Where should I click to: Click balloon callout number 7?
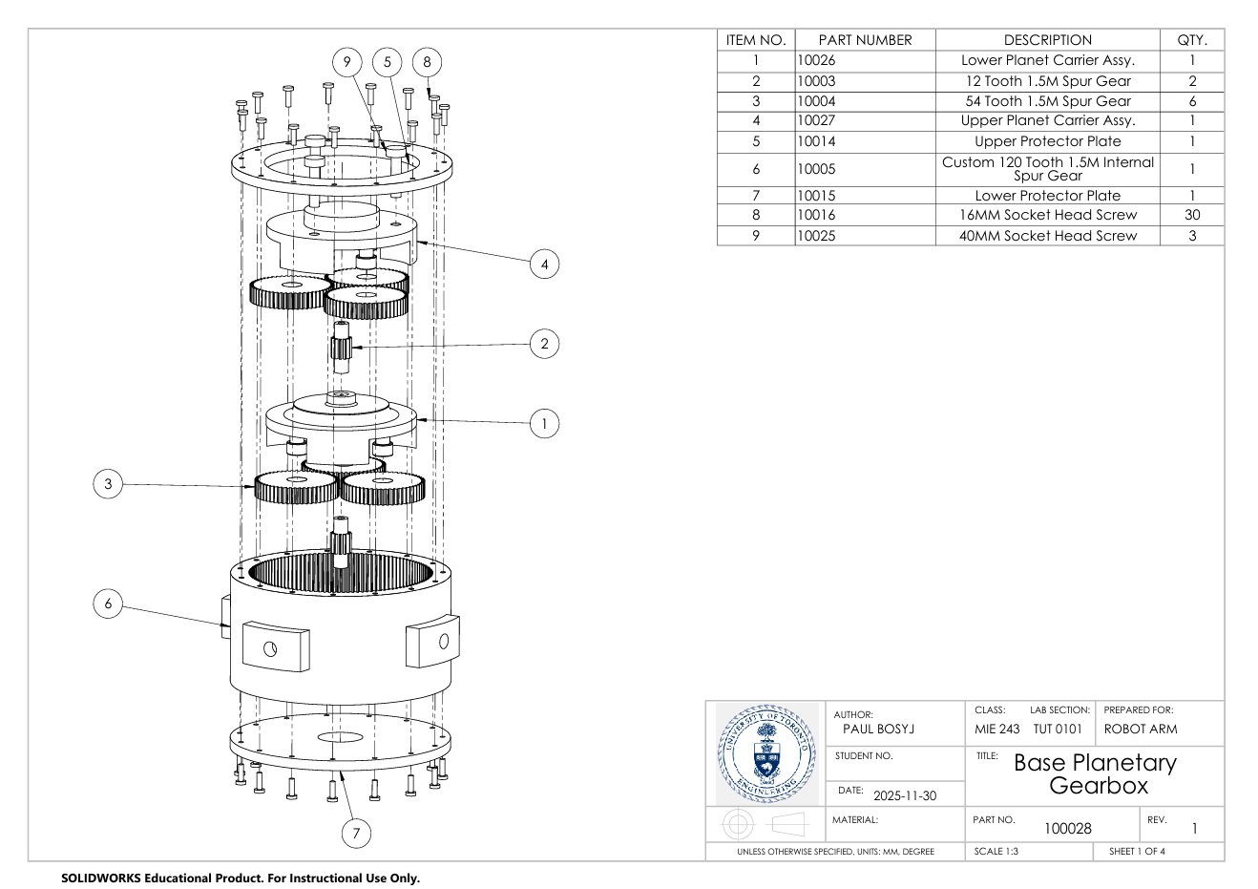(356, 833)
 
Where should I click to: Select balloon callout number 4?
(544, 265)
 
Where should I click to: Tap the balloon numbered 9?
(347, 62)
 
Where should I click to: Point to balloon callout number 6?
(108, 603)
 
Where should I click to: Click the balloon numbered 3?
(108, 484)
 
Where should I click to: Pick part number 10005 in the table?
(817, 169)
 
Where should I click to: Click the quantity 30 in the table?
(1192, 215)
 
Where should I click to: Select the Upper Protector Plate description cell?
(1047, 141)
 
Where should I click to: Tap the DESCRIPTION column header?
(1047, 40)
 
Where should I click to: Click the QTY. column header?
(1192, 40)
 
